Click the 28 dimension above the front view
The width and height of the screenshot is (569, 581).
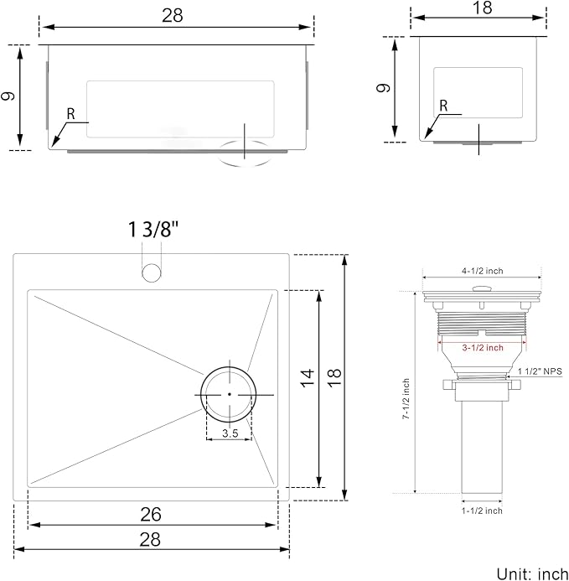(172, 16)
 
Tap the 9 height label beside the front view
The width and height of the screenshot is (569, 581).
(9, 96)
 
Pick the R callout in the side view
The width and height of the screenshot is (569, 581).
(443, 106)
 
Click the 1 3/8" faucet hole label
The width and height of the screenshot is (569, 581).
(153, 230)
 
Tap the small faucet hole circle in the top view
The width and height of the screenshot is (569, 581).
(152, 272)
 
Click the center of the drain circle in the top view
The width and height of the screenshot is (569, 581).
(229, 394)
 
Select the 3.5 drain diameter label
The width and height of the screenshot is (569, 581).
(229, 433)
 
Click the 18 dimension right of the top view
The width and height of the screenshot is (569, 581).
(335, 379)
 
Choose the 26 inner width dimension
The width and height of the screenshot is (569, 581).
(152, 514)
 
